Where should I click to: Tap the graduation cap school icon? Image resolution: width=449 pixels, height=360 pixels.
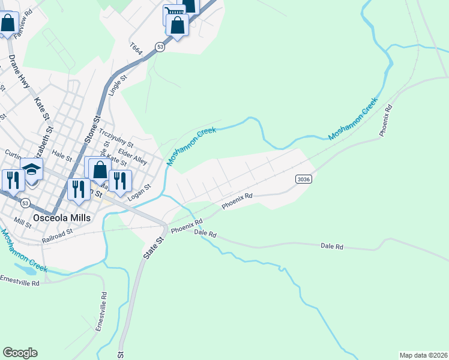(x=31, y=170)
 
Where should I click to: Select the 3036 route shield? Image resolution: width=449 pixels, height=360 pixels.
(x=303, y=179)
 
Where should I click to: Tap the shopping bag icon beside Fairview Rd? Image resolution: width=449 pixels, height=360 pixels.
(x=8, y=24)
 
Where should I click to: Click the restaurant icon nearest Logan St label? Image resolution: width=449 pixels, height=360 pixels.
(x=120, y=179)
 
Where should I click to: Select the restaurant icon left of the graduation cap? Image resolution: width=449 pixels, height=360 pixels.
(x=12, y=179)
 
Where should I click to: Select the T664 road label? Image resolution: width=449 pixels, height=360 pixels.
(x=136, y=49)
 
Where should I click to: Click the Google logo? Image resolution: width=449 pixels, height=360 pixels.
(x=20, y=353)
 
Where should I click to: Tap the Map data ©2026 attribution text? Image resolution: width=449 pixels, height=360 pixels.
(x=424, y=355)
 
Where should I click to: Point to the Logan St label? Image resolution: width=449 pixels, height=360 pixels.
(x=139, y=191)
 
